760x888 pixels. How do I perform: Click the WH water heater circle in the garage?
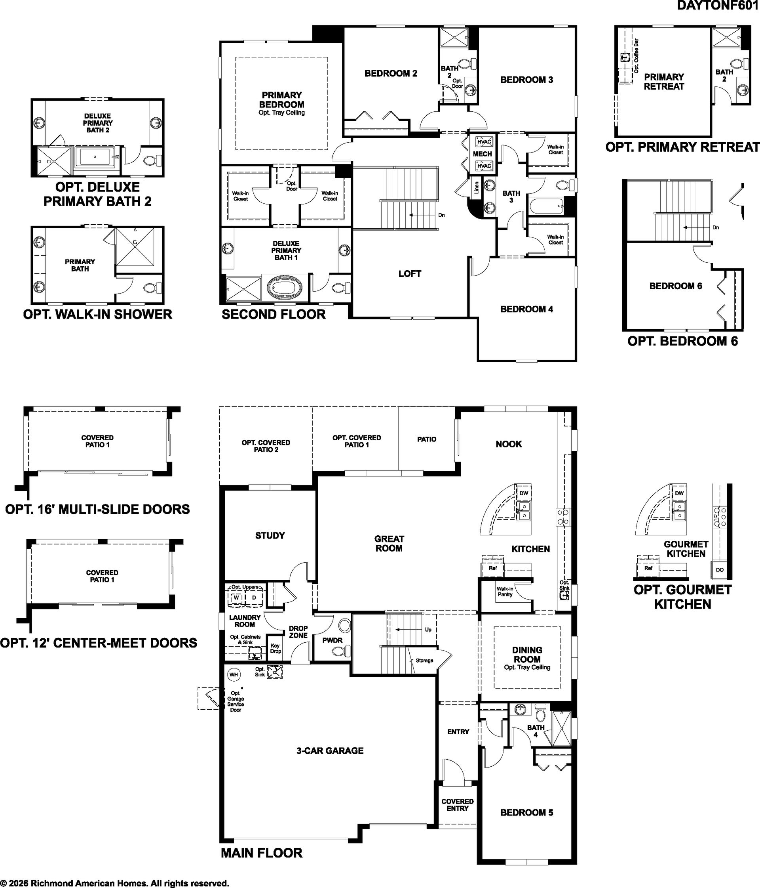pos(234,674)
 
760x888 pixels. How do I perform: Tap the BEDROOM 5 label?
pos(526,812)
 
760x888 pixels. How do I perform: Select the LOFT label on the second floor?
pos(410,273)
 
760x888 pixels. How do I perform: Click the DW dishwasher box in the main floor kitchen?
pos(524,493)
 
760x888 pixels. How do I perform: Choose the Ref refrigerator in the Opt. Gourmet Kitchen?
pos(648,568)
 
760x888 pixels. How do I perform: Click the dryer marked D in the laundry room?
pos(253,598)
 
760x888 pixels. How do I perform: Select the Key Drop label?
pos(275,648)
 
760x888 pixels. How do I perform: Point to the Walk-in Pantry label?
pos(505,592)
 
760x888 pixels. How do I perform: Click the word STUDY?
pos(270,535)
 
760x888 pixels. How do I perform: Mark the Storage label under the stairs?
pos(424,661)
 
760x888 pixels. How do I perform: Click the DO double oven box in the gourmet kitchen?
pos(720,569)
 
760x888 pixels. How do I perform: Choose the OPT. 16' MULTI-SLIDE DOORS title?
pos(98,509)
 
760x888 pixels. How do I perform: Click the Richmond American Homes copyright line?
pos(115,883)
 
